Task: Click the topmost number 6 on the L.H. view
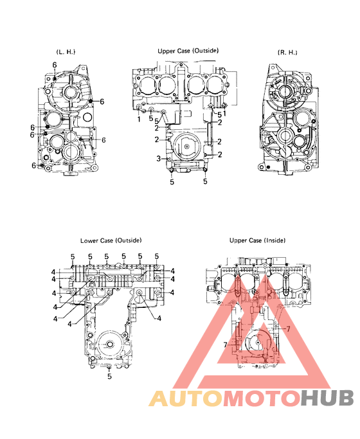pyautogui.click(x=55, y=65)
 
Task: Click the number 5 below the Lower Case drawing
pyautogui.click(x=109, y=377)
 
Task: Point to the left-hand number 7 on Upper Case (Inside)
pyautogui.click(x=226, y=345)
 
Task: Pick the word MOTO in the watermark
pyautogui.click(x=259, y=400)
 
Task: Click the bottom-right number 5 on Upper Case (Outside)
pyautogui.click(x=206, y=182)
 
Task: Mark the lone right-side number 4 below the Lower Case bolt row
pyautogui.click(x=159, y=317)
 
